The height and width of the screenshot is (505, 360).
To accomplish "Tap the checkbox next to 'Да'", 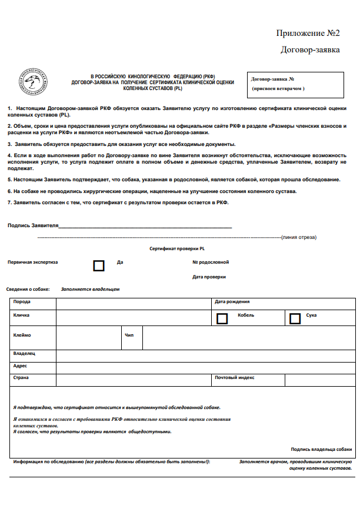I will tap(99, 265).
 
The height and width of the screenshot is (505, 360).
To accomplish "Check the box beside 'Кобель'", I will tap(222, 318).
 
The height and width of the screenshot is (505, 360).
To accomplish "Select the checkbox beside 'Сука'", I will tap(295, 318).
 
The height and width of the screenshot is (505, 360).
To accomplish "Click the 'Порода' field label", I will tap(22, 302).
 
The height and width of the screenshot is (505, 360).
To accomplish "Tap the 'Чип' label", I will tap(129, 335).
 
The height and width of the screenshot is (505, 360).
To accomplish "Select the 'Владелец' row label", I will tap(24, 354).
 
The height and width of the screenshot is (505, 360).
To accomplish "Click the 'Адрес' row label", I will tap(20, 366).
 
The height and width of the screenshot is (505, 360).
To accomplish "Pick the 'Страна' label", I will tap(21, 377).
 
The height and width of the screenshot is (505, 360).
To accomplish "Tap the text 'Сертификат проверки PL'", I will tap(177, 249).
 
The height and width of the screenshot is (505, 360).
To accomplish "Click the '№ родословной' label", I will tap(211, 262).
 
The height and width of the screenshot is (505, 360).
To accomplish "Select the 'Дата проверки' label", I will tap(209, 277).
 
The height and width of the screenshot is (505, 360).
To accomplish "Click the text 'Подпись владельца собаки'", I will tap(321, 448).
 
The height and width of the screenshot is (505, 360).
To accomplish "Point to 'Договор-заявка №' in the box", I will tap(272, 79).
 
